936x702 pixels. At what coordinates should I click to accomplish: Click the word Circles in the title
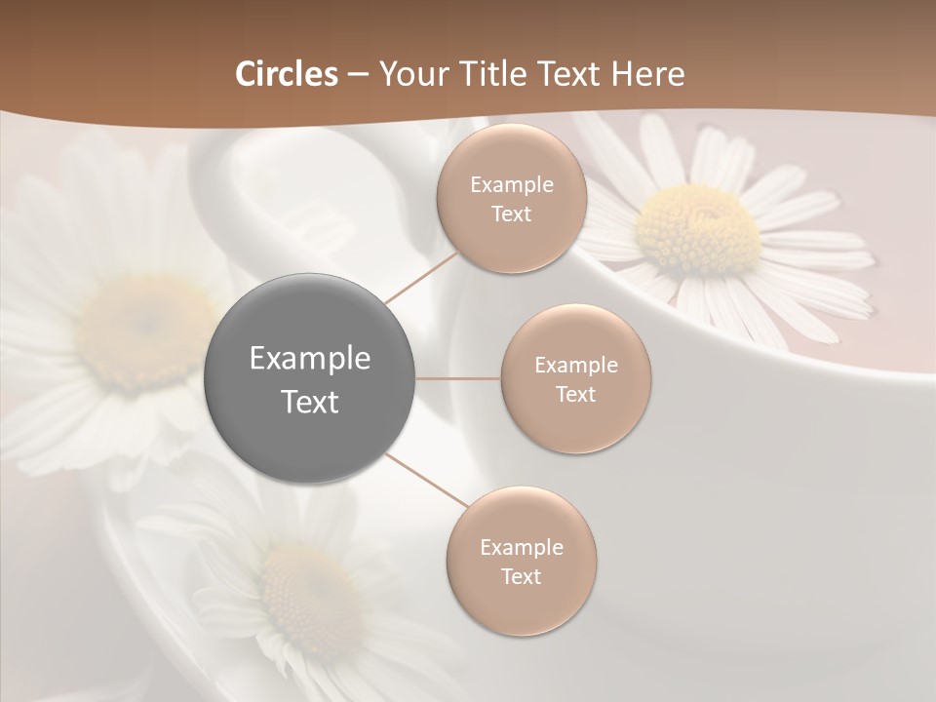[x=287, y=74]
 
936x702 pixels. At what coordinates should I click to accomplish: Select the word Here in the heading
[x=648, y=74]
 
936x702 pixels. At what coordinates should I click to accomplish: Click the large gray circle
[x=310, y=378]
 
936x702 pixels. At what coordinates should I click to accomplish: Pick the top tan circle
[x=512, y=199]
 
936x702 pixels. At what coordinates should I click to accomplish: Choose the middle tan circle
[x=576, y=379]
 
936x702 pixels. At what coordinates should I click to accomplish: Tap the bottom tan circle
[x=522, y=562]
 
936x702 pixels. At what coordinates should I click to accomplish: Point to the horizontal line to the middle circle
[x=458, y=378]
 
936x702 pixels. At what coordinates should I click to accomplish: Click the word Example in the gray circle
[x=310, y=359]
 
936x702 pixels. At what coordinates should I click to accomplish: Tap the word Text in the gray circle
[x=310, y=402]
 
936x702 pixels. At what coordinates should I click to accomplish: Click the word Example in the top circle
[x=512, y=184]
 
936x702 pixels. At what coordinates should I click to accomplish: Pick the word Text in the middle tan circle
[x=576, y=394]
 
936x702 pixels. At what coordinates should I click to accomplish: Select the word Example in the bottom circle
[x=522, y=547]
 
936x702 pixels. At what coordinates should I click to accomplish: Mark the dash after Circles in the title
[x=358, y=74]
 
